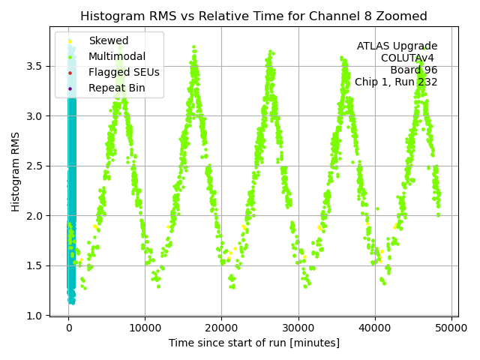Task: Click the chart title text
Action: (253, 16)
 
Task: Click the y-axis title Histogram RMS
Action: (16, 171)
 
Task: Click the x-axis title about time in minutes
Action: (253, 343)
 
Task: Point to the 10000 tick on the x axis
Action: (145, 328)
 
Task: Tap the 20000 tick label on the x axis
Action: (221, 328)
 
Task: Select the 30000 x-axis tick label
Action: (298, 328)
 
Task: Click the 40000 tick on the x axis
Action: (375, 328)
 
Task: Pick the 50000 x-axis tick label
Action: (451, 328)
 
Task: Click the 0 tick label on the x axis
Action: (68, 328)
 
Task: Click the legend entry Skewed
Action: (108, 41)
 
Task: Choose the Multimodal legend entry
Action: (116, 57)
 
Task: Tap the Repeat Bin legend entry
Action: (116, 88)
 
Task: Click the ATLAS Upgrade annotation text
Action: (397, 46)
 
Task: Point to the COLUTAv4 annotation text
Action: (409, 58)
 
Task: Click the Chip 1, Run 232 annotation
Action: (396, 82)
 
